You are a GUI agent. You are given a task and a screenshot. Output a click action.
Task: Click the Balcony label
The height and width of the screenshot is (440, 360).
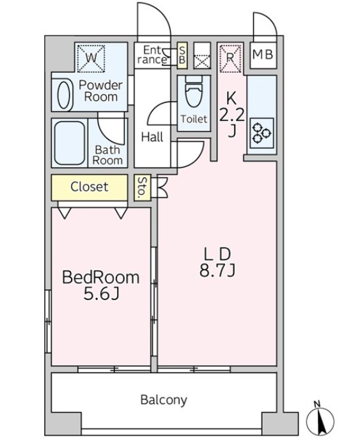click(164, 400)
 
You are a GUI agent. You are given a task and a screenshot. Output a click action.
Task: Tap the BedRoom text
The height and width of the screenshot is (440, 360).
click(100, 278)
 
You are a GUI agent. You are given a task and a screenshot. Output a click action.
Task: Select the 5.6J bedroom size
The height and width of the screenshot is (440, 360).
click(102, 294)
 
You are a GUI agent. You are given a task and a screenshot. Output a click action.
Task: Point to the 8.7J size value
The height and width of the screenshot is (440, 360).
click(217, 271)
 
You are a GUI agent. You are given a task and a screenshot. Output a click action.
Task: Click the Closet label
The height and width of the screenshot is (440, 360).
click(90, 187)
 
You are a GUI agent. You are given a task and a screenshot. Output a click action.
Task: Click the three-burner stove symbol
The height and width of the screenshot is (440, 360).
click(262, 133)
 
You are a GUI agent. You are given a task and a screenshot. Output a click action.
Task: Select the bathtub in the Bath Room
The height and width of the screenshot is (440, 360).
click(70, 143)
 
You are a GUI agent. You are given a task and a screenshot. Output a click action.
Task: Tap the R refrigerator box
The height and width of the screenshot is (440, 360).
click(230, 58)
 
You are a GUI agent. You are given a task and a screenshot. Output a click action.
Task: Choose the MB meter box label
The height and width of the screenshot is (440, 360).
click(263, 54)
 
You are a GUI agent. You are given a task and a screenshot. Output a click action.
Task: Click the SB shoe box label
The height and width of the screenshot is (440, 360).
click(182, 55)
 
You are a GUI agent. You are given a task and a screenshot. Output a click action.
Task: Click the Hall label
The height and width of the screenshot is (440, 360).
click(152, 137)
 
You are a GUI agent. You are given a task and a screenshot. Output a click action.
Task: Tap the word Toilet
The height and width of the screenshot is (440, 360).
click(194, 119)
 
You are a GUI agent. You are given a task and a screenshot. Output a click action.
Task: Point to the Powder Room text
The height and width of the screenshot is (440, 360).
click(101, 91)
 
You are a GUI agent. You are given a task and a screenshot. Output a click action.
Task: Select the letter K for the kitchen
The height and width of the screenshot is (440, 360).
click(231, 98)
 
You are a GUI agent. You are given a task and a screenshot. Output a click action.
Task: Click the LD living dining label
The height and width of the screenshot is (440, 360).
click(217, 255)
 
